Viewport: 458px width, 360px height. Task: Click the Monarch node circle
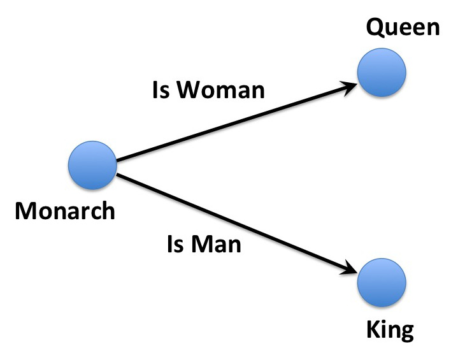click(x=92, y=166)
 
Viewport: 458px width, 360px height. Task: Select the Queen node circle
click(x=382, y=73)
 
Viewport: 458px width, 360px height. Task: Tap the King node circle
click(x=382, y=282)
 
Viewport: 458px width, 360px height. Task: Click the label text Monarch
click(x=65, y=211)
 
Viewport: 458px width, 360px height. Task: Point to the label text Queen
click(x=403, y=28)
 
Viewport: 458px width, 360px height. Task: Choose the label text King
click(x=390, y=330)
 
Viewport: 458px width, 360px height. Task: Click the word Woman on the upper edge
click(x=221, y=89)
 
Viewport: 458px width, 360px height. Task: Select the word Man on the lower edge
click(x=216, y=243)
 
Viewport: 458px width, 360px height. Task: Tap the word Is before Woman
click(x=161, y=89)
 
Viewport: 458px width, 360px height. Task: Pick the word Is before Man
click(x=175, y=243)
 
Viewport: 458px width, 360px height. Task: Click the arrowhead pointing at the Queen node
click(x=349, y=88)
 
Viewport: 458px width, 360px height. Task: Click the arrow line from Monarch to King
click(x=237, y=224)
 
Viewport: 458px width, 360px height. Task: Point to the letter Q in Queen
click(x=376, y=28)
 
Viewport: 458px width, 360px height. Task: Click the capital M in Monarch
click(x=26, y=211)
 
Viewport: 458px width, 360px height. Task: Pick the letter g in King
click(x=406, y=333)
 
